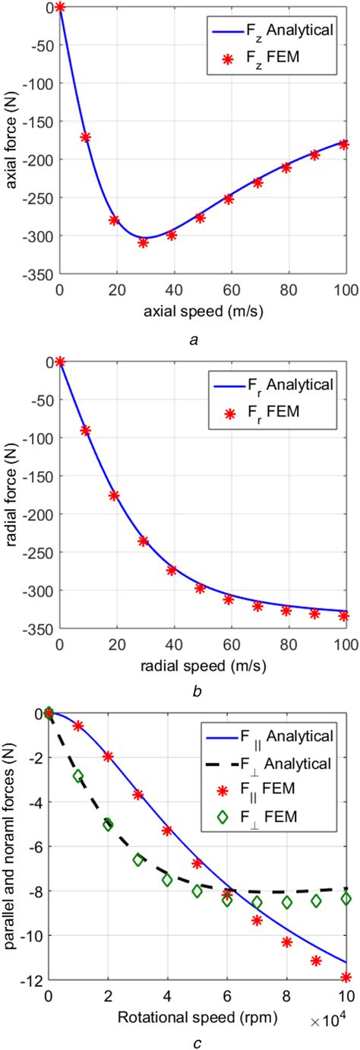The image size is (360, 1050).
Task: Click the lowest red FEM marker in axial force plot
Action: point(143,242)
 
